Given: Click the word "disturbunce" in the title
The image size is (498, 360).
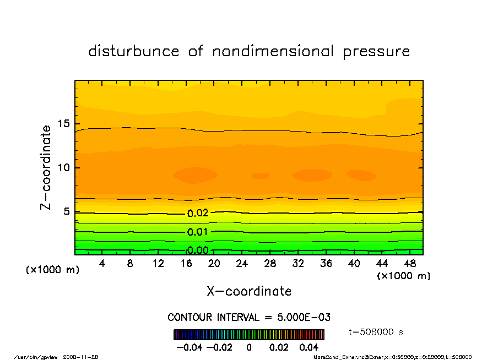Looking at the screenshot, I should pos(134,52).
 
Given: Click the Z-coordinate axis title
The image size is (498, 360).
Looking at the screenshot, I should pos(46,167).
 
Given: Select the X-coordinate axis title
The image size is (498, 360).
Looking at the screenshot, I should pos(249,291).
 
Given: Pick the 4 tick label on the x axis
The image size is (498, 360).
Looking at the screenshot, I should pos(102,264).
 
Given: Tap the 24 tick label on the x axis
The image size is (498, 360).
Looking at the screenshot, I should pos(242,264).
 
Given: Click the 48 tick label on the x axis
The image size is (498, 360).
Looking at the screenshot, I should pos(410,264).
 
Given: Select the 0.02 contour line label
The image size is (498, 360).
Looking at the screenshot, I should pos(198,214).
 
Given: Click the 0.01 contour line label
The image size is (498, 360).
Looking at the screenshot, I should pos(198,232).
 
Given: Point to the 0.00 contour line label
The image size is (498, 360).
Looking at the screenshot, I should pos(198,250).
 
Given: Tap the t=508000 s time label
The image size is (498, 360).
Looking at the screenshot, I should pos(376,332).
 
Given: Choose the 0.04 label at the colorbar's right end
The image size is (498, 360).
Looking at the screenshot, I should pos(309,348).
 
